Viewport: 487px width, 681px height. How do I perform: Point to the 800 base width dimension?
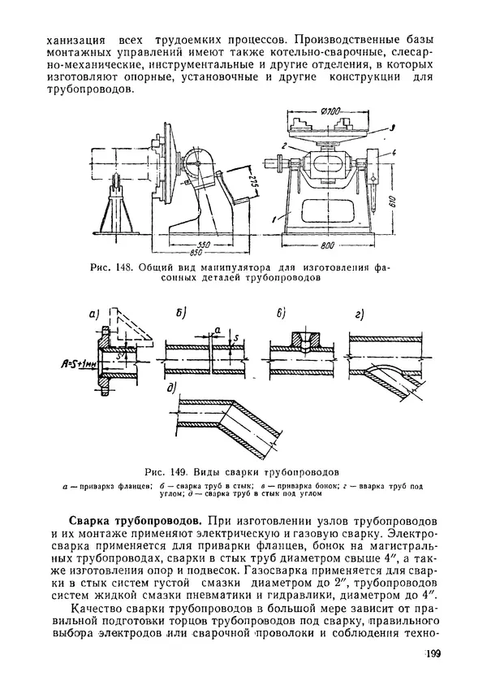tap(327, 245)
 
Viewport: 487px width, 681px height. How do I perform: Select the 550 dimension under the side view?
tap(203, 245)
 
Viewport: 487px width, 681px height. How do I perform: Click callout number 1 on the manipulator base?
tap(274, 219)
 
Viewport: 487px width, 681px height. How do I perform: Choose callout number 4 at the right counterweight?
tap(394, 153)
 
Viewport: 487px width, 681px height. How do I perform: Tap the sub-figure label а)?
tap(94, 314)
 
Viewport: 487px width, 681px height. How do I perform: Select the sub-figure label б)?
tap(181, 314)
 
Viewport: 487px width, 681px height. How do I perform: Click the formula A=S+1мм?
tap(77, 363)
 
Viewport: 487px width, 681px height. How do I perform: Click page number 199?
tap(432, 653)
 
